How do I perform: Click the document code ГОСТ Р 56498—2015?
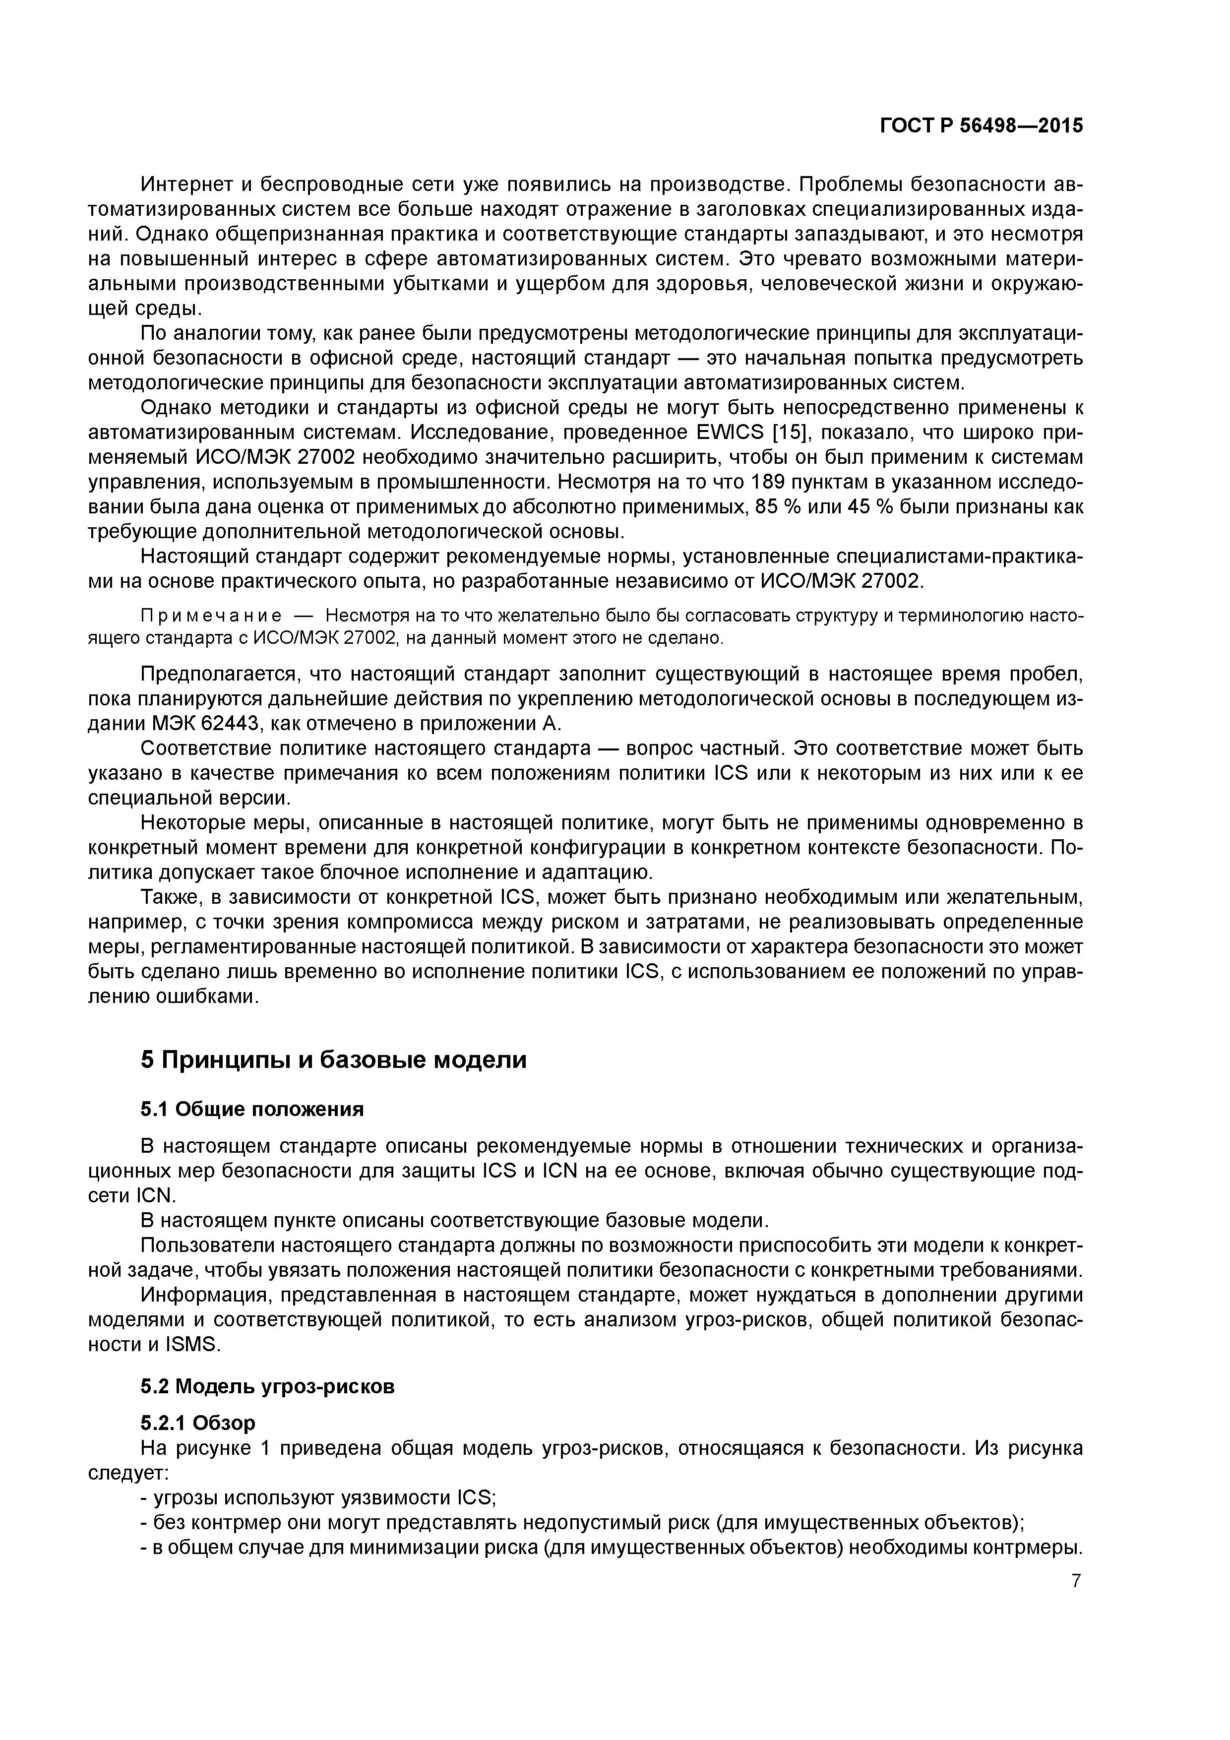(x=981, y=126)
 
